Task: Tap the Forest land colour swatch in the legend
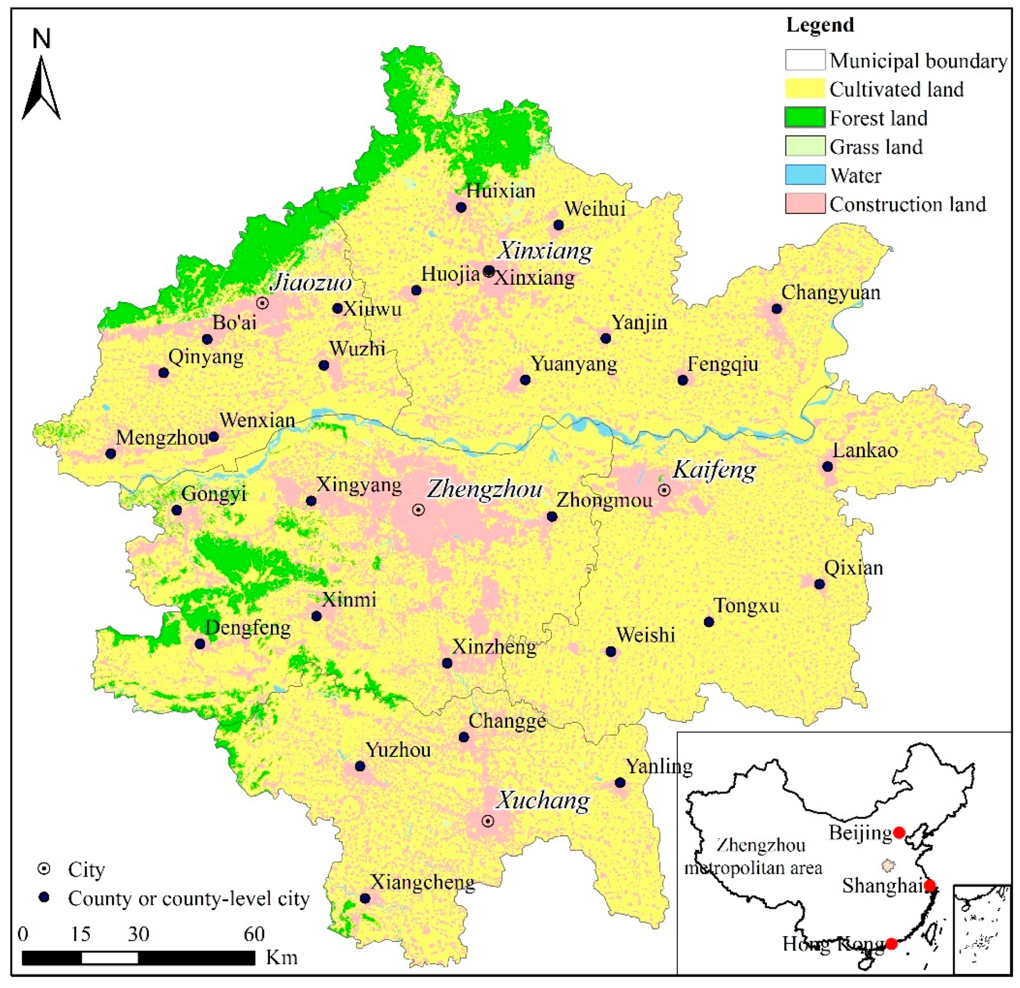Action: [x=804, y=118]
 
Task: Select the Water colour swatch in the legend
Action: [x=804, y=175]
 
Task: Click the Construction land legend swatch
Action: [x=804, y=204]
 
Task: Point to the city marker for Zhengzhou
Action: [x=418, y=510]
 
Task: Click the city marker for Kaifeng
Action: [x=664, y=490]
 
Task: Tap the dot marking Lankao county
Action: [x=827, y=466]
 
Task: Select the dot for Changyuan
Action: [x=777, y=309]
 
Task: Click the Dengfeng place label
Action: [x=248, y=628]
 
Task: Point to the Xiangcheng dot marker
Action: [x=365, y=899]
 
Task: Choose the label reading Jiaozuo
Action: [x=311, y=283]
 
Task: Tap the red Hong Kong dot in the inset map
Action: [x=892, y=944]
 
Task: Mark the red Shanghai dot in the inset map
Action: [x=930, y=885]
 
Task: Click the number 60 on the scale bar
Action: [x=254, y=934]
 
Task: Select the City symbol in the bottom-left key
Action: [x=45, y=869]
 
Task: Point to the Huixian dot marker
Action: [x=461, y=207]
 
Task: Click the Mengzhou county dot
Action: [x=111, y=453]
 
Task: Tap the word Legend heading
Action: [x=820, y=25]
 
